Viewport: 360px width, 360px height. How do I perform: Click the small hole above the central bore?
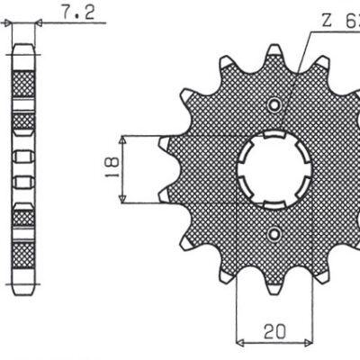[x=274, y=106]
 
